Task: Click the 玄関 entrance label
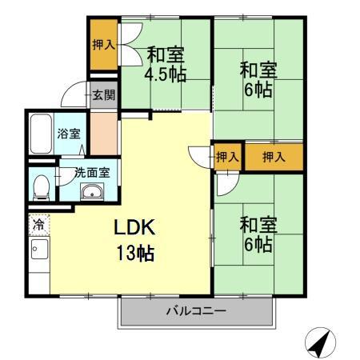pos(102,95)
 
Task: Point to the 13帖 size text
pos(134,254)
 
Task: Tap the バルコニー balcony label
pos(196,310)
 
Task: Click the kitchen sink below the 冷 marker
pos(36,250)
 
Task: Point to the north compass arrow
pos(320,343)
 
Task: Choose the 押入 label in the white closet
pos(227,157)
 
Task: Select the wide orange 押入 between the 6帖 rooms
pos(274,157)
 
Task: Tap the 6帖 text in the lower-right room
pos(257,245)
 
